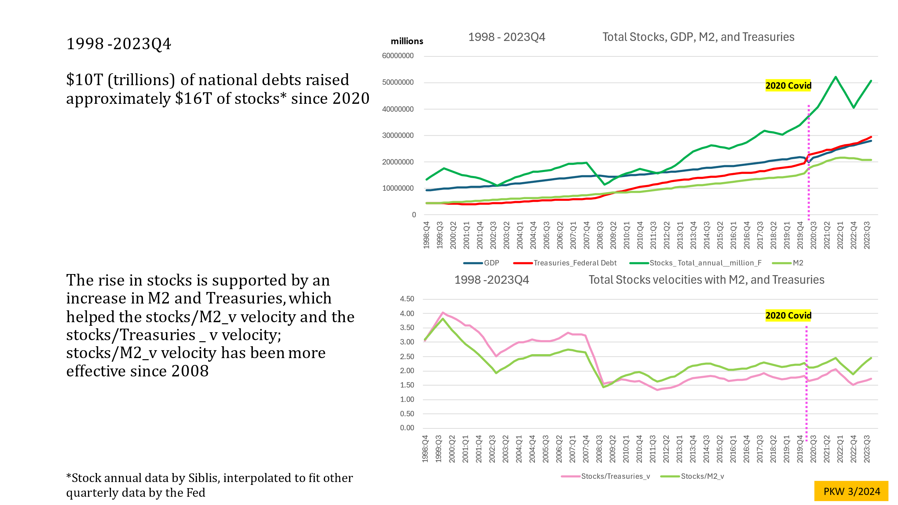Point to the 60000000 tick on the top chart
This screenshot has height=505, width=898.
pyautogui.click(x=398, y=56)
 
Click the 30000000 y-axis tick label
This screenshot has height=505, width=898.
pyautogui.click(x=398, y=135)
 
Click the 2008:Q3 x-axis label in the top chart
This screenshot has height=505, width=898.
pyautogui.click(x=600, y=235)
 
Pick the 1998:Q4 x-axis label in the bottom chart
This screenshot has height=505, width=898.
pyautogui.click(x=425, y=449)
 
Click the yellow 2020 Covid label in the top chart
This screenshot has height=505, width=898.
pyautogui.click(x=788, y=85)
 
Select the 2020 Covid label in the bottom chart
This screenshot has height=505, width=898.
pyautogui.click(x=788, y=315)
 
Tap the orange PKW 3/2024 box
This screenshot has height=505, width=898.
pyautogui.click(x=851, y=491)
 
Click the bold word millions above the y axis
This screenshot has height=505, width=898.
pyautogui.click(x=407, y=41)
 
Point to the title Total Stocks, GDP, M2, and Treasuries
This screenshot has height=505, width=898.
pyautogui.click(x=698, y=37)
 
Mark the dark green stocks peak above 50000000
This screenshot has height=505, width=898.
pyautogui.click(x=835, y=77)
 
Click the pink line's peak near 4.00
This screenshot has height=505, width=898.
pyautogui.click(x=443, y=312)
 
